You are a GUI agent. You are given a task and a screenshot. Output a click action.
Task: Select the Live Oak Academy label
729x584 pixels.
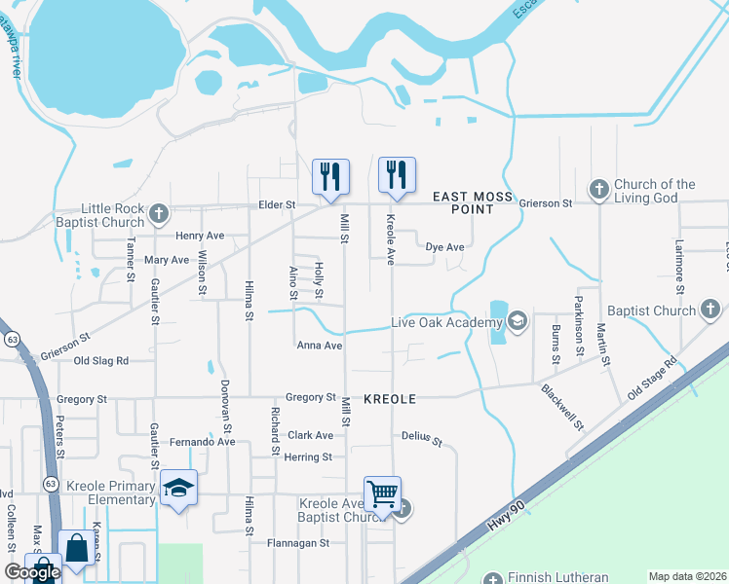pos(439,322)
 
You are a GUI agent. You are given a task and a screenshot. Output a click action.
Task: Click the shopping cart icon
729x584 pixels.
pos(382,493)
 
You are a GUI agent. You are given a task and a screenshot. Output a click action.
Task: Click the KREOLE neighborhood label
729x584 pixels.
pos(390,399)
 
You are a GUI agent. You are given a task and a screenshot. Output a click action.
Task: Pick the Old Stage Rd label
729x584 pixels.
pos(652,375)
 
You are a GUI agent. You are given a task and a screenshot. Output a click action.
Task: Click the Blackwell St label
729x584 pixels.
pos(562,407)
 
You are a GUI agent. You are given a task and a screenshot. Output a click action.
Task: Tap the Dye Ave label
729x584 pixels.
pos(444,247)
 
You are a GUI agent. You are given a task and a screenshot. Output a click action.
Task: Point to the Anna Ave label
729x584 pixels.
pos(320,346)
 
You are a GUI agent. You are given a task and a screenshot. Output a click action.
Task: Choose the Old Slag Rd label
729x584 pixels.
pos(101,360)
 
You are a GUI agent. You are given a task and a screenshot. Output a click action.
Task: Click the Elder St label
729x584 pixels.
pos(276,205)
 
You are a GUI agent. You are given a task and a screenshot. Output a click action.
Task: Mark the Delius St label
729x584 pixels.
pos(422,439)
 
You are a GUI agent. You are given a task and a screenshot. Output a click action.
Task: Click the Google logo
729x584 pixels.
pos(32,572)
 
